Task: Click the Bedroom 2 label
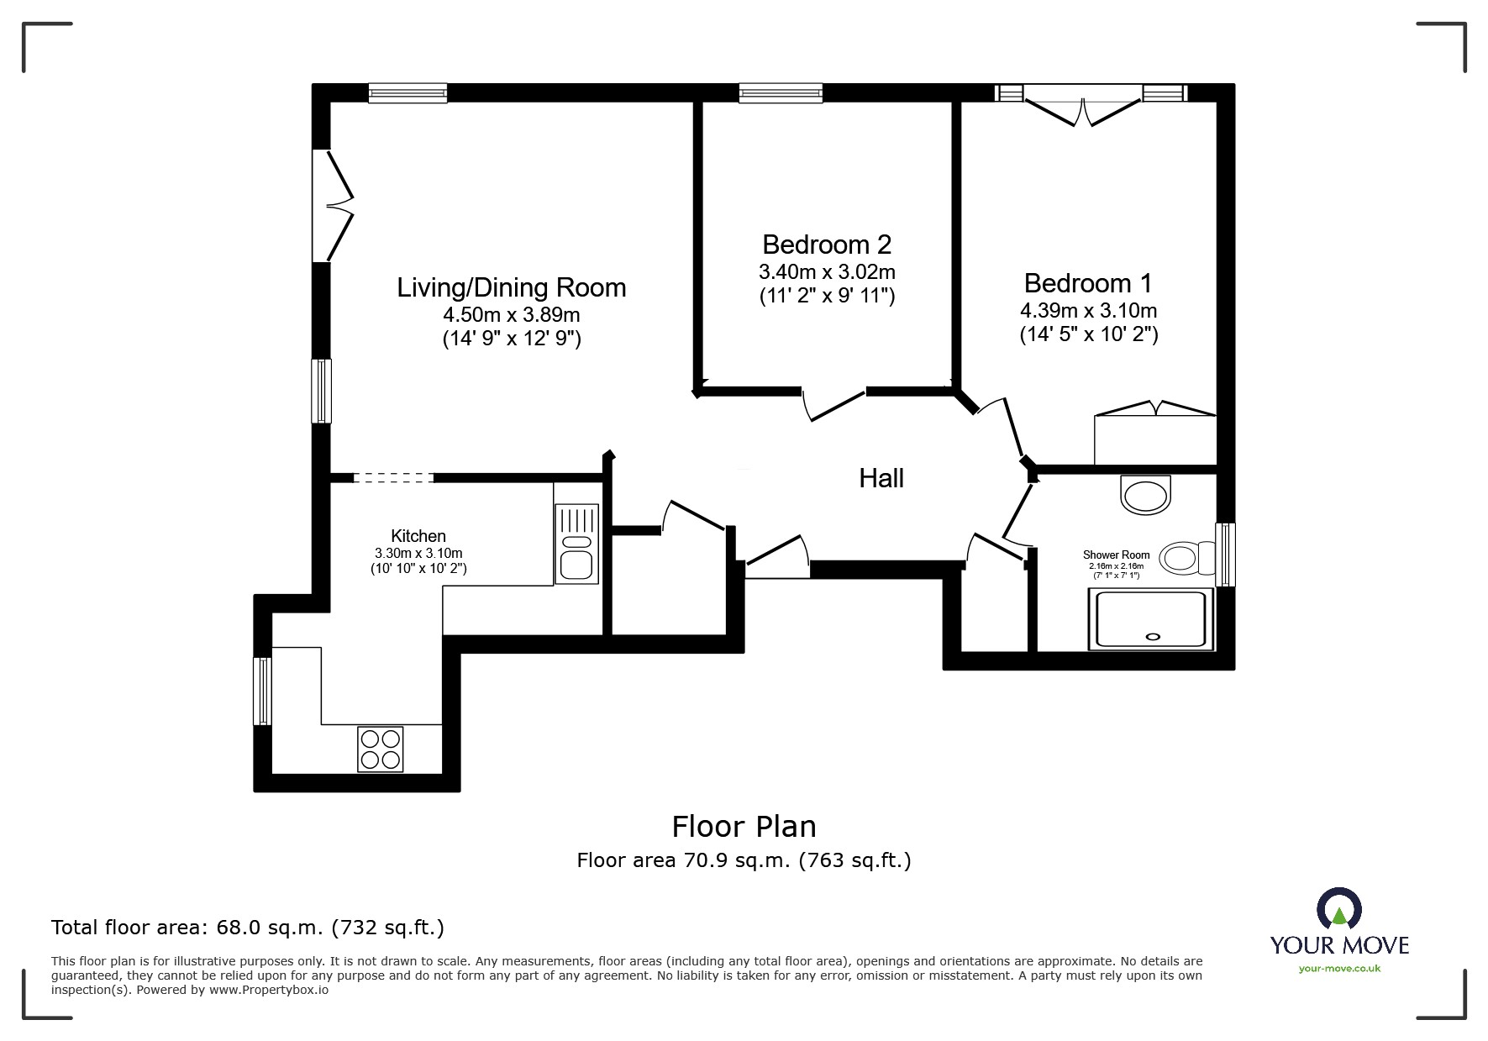coord(827,244)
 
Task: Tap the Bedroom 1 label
coord(1088,283)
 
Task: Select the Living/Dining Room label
coord(512,287)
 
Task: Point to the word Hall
coord(881,478)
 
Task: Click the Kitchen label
coord(418,536)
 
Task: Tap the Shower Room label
coord(1116,555)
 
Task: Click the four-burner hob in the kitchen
coord(380,749)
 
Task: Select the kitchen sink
coord(576,544)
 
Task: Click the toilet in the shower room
coord(1187,558)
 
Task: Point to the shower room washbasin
coord(1145,494)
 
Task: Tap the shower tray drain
coord(1151,636)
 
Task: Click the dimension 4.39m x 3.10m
coord(1089,310)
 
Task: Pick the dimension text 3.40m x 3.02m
coord(827,271)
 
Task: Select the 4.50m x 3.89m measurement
coord(512,315)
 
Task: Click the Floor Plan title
coord(744,827)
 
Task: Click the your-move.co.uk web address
coord(1339,969)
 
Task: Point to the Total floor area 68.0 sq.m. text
coord(248,928)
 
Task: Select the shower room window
coord(1226,555)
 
